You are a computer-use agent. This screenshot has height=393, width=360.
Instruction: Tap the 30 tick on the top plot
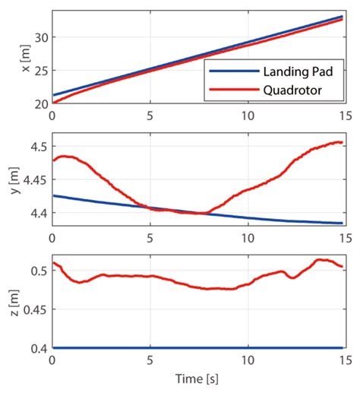point(39,36)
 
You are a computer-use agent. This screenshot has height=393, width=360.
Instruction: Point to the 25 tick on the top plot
point(39,69)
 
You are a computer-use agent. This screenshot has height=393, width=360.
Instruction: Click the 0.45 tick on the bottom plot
point(33,309)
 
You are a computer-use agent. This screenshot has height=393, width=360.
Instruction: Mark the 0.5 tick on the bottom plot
point(37,270)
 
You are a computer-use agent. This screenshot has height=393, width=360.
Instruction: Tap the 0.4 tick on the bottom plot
point(37,347)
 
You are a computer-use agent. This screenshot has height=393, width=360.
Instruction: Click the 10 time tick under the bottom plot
point(248,359)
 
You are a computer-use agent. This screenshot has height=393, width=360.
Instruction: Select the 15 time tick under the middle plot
point(343,237)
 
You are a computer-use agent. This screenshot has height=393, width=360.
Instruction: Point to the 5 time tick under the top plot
point(150,115)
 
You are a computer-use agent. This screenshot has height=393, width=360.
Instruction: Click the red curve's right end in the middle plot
point(343,142)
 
